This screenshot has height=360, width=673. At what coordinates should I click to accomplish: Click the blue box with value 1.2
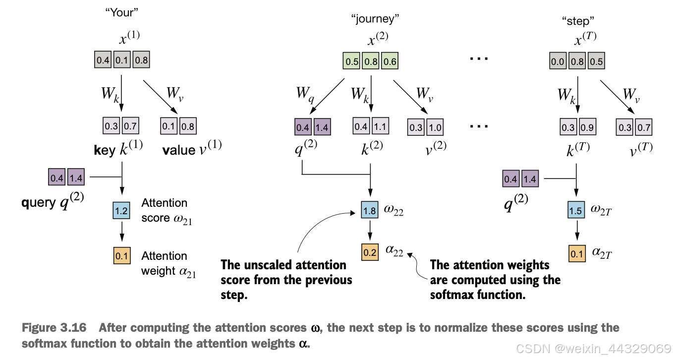coord(121,210)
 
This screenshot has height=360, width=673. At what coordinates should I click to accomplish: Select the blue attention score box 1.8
coord(370,210)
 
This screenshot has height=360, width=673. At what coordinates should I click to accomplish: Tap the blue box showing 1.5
coord(576,210)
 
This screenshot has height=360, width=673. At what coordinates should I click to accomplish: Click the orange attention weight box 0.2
coord(370,252)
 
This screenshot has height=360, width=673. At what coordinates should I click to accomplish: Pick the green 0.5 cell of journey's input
coord(351,61)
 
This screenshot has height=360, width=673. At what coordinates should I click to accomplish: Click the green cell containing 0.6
coord(390,61)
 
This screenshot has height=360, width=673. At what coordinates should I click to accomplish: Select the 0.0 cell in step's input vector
coord(558,61)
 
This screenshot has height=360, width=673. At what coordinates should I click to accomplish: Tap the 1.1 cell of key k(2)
coord(381,126)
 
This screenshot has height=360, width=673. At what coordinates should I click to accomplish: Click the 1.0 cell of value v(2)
coord(435,127)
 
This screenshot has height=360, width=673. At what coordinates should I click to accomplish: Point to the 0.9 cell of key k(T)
coord(587,127)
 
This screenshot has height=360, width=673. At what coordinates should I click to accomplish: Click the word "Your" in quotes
coord(122,12)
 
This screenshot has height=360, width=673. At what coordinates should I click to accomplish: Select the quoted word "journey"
coord(375,19)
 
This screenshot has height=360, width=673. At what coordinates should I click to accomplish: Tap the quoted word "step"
coord(578,21)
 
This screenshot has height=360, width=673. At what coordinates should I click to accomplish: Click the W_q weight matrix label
coord(305,94)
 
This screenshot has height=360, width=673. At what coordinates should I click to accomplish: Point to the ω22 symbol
coord(393,210)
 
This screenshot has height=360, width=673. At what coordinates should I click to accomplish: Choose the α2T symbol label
coord(602,253)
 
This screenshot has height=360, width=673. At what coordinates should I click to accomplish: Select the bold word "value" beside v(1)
coord(179,150)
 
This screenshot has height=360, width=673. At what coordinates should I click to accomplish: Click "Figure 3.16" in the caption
coord(54,328)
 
